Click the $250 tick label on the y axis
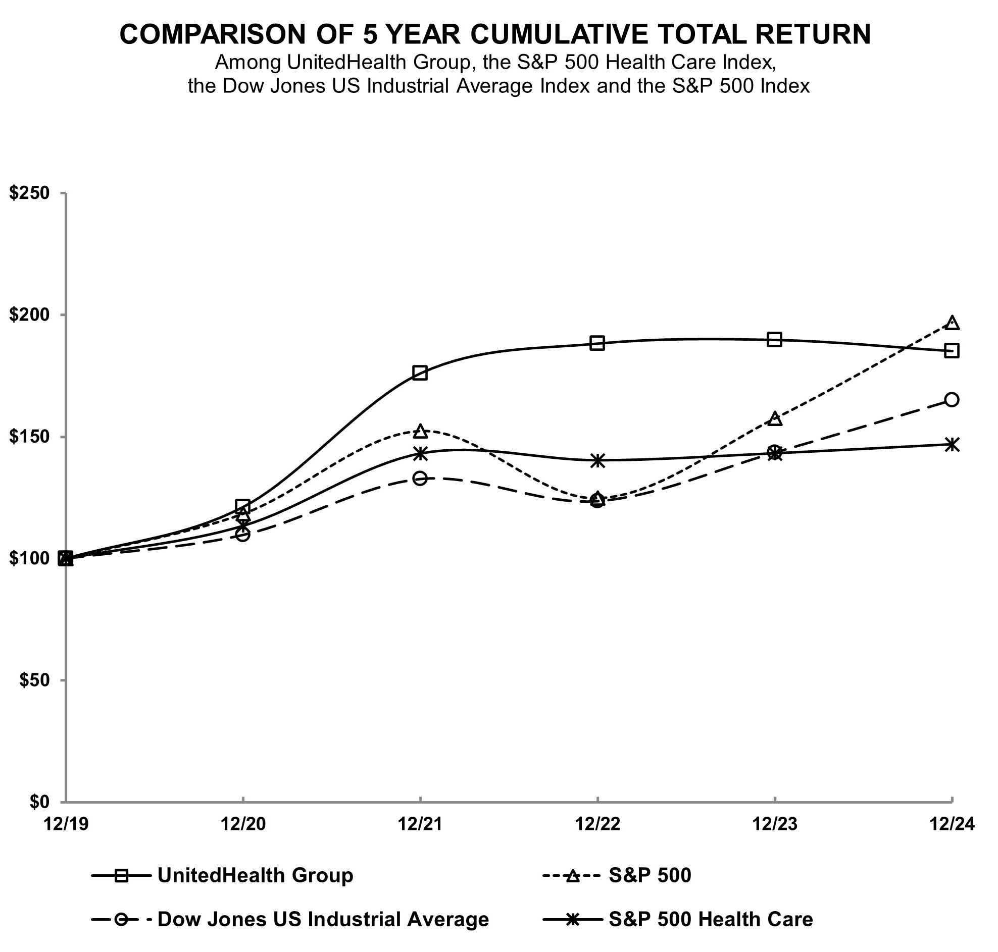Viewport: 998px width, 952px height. pos(29,193)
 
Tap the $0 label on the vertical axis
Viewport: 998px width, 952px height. pos(38,802)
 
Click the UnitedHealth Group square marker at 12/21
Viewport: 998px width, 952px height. pos(420,373)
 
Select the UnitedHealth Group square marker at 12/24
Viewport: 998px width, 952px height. pos(952,351)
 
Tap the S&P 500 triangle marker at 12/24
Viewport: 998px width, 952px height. pos(953,323)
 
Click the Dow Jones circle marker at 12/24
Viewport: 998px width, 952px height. pos(952,400)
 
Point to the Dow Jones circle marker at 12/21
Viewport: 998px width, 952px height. pos(420,479)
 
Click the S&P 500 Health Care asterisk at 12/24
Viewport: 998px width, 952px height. pos(952,445)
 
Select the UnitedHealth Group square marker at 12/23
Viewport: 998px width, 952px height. pos(774,340)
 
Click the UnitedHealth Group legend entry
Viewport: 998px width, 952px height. pos(256,876)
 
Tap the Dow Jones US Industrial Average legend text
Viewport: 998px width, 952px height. pos(323,920)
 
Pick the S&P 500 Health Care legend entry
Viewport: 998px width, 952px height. pos(711,920)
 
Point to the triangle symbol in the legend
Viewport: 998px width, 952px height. pos(573,876)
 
